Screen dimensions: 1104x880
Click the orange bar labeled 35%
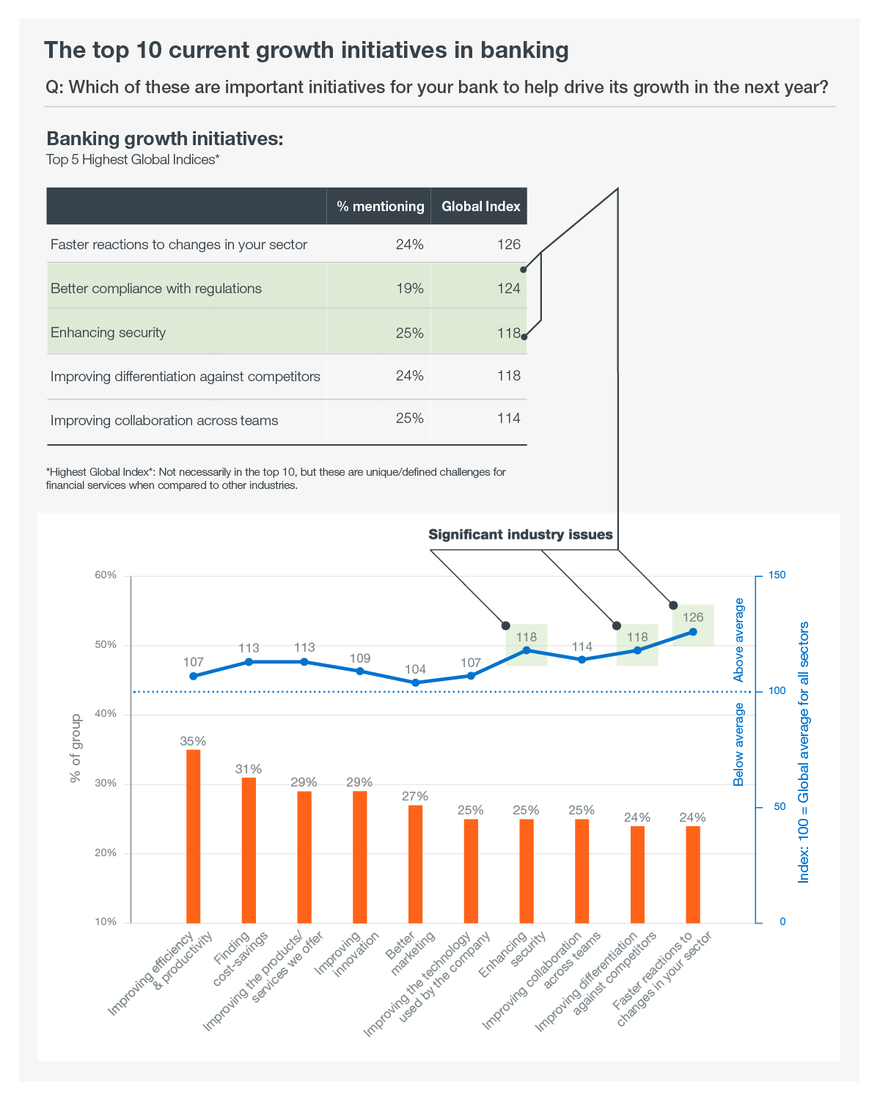pyautogui.click(x=193, y=836)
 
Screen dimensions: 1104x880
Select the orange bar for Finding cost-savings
pyautogui.click(x=249, y=850)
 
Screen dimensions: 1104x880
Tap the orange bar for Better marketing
pyautogui.click(x=415, y=864)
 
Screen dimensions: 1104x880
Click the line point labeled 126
pyautogui.click(x=693, y=632)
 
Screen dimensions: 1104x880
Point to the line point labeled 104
pyautogui.click(x=415, y=682)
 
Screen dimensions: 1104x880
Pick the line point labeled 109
pyautogui.click(x=359, y=671)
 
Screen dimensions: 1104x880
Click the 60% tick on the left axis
pyautogui.click(x=106, y=575)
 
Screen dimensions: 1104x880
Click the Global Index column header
pyautogui.click(x=480, y=207)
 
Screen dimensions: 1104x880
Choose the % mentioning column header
pyautogui.click(x=380, y=207)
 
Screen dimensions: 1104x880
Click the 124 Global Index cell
pyautogui.click(x=508, y=288)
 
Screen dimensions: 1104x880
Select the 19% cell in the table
pyautogui.click(x=409, y=288)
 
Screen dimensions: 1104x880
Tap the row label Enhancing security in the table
pyautogui.click(x=109, y=332)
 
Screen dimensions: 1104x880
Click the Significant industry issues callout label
pyautogui.click(x=520, y=534)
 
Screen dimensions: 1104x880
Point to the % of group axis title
pyautogui.click(x=76, y=748)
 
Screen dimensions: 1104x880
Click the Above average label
pyautogui.click(x=739, y=640)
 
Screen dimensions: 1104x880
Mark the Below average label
pyautogui.click(x=739, y=744)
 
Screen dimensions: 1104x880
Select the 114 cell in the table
pyautogui.click(x=508, y=419)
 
